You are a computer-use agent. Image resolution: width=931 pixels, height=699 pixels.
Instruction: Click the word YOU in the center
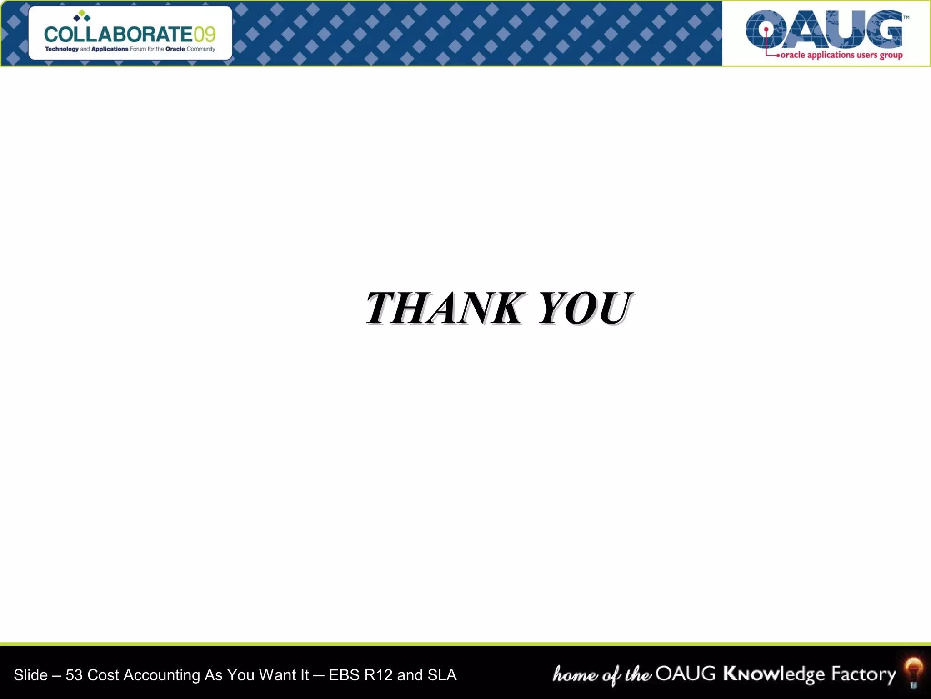586,309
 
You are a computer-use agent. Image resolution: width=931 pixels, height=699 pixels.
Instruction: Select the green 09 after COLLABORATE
205,35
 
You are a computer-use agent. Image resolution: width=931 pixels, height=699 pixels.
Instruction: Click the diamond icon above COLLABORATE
82,16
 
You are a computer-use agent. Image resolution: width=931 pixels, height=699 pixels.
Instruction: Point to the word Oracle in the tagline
175,49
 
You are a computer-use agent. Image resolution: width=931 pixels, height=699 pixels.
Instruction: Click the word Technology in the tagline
62,49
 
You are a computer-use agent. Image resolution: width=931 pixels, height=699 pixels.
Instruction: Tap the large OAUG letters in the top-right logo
824,30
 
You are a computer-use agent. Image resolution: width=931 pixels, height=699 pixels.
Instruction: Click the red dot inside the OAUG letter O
766,30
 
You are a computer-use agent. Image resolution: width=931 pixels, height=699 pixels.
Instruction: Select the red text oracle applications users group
841,55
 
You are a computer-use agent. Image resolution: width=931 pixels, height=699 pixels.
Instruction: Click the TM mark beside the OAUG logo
906,18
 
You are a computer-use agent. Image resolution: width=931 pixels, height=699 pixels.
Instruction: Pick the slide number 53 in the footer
74,675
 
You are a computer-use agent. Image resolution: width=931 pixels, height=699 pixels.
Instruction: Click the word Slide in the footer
30,675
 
